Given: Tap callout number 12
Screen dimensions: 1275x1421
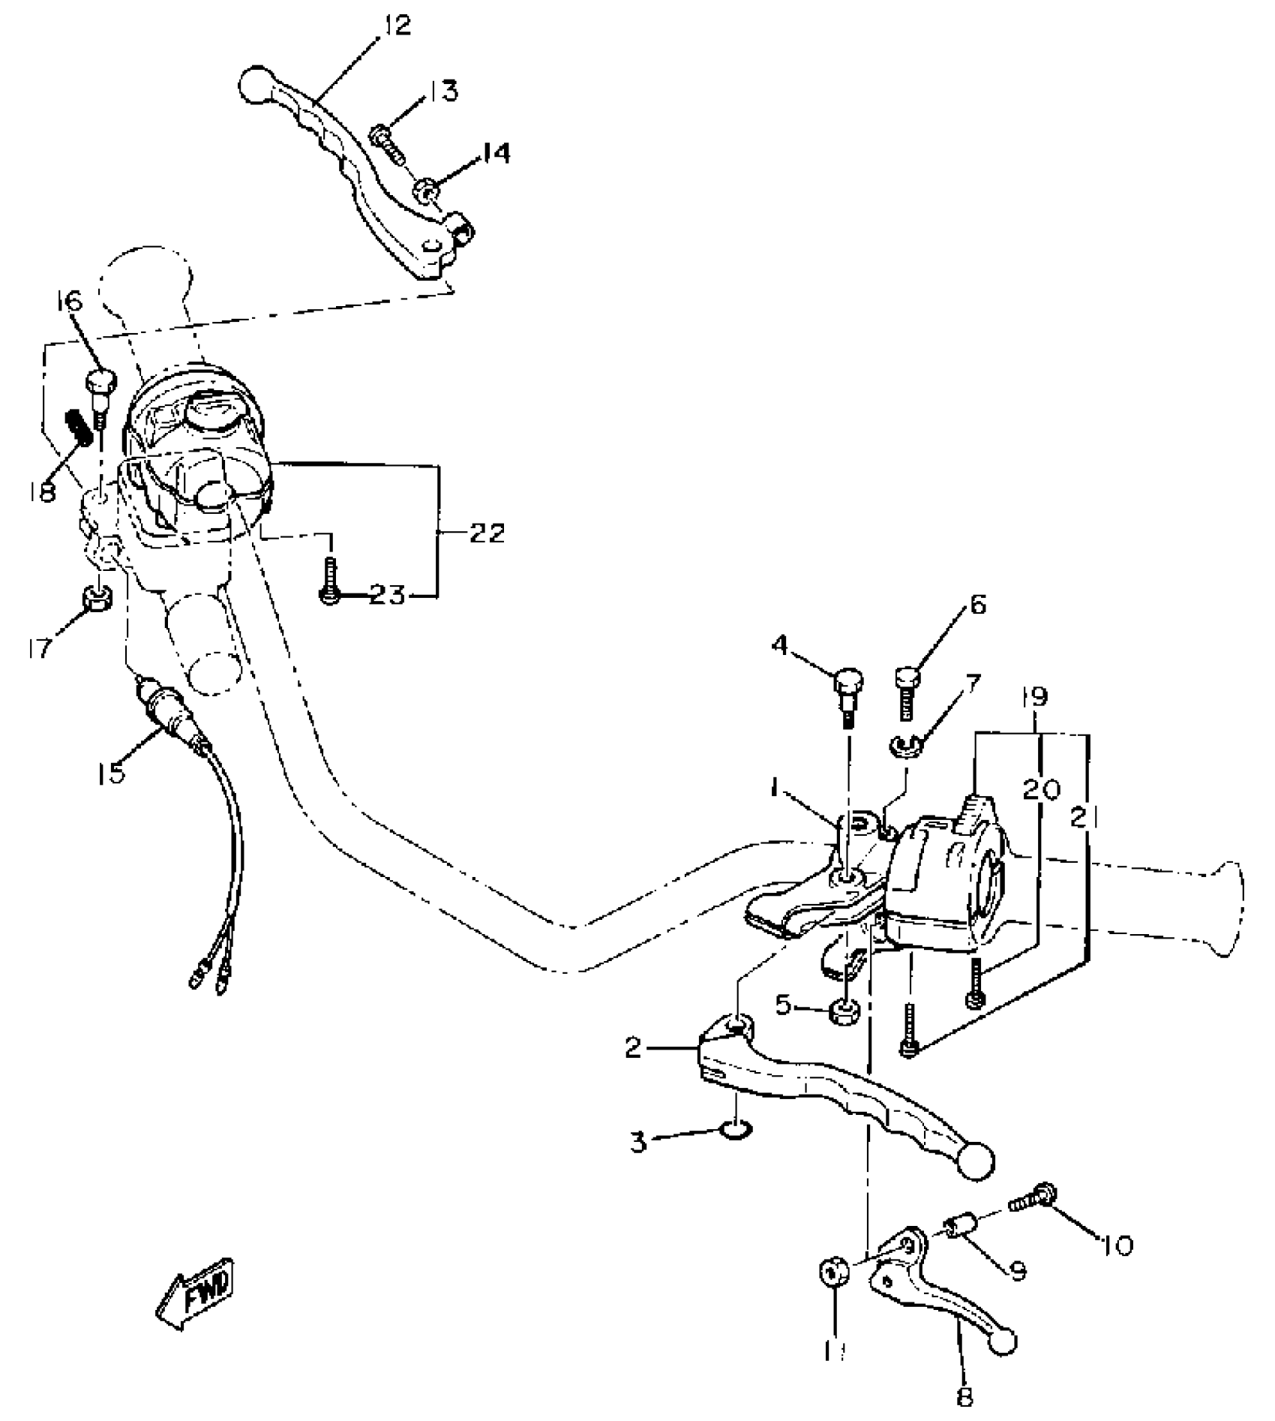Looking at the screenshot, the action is [x=397, y=26].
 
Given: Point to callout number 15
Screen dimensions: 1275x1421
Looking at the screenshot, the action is [x=110, y=773].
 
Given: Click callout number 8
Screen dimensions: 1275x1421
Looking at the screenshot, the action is [x=964, y=1397].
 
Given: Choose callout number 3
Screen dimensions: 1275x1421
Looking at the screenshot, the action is [x=637, y=1143].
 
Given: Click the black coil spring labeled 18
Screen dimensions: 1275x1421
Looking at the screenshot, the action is [x=80, y=428].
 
